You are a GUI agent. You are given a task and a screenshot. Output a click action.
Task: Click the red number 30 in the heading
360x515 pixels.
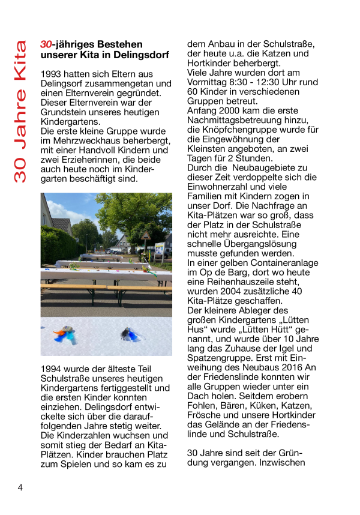coord(46,44)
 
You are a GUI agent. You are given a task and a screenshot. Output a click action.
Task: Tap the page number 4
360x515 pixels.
coord(20,487)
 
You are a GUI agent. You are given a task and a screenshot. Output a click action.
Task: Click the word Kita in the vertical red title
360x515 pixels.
coord(21,60)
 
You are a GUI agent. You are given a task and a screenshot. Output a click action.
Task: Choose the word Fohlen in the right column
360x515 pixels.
coord(202,405)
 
